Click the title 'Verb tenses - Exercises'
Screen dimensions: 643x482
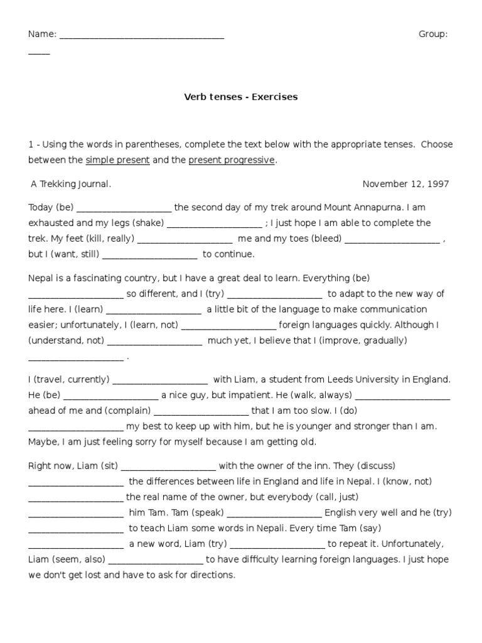click(x=240, y=97)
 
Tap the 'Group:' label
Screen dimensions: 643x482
click(x=433, y=35)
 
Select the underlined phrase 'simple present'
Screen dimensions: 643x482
click(x=117, y=160)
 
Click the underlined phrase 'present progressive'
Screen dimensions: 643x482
click(x=232, y=160)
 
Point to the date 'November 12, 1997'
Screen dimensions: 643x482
click(x=405, y=184)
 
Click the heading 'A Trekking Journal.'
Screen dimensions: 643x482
click(x=71, y=184)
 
